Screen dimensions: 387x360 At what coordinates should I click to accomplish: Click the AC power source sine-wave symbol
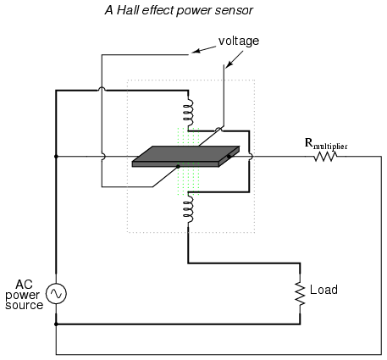(56, 294)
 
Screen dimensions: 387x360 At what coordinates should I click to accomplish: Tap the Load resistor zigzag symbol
(300, 293)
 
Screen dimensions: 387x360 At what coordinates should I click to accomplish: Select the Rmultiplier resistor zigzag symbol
(325, 156)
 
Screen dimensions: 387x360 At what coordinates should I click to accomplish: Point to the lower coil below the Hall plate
(188, 208)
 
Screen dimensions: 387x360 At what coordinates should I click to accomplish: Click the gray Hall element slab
(185, 157)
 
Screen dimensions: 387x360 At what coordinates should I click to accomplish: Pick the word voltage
(239, 42)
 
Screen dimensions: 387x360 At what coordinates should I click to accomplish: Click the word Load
(323, 290)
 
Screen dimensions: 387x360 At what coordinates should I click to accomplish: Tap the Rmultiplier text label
(326, 144)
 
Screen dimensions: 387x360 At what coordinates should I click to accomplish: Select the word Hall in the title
(128, 10)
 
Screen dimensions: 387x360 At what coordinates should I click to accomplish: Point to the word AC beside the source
(24, 285)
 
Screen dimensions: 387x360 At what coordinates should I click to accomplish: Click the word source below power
(25, 305)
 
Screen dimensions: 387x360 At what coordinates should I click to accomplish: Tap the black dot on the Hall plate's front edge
(178, 167)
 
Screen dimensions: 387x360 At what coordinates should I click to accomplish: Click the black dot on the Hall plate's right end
(229, 156)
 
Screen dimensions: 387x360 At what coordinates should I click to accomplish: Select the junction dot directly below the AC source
(56, 324)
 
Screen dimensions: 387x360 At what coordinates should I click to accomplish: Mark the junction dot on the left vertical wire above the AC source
(56, 157)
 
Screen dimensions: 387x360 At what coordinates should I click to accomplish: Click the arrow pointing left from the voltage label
(204, 49)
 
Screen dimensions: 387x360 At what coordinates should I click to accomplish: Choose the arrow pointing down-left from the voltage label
(235, 59)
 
